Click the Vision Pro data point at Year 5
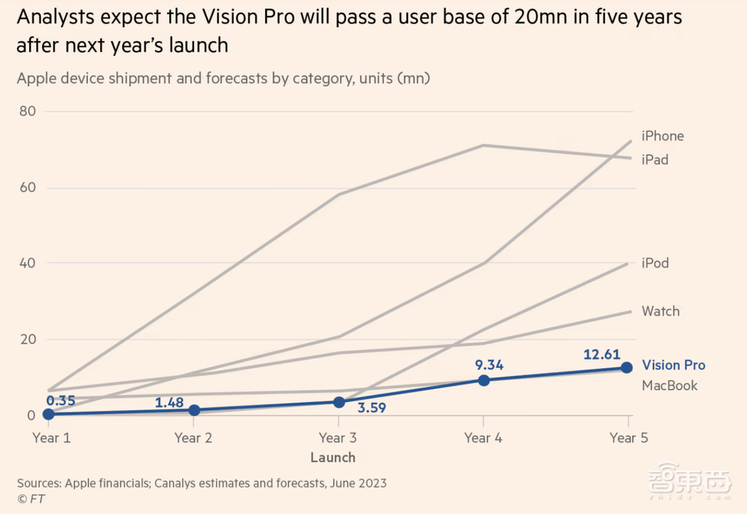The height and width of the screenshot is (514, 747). pos(627,367)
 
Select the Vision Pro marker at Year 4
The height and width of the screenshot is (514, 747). pos(483,380)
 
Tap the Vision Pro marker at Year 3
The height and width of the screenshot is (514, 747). pos(339,402)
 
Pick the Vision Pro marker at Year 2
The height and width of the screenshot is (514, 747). pos(195,410)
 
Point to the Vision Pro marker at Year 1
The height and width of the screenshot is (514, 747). pos(49,414)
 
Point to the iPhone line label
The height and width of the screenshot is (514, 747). pos(663,136)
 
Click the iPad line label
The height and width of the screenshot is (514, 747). pos(655,160)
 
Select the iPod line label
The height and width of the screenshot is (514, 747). pos(655,263)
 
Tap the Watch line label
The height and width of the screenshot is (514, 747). pos(660,311)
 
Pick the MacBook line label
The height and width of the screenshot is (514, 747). pos(669,385)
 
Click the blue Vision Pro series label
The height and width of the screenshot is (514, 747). pos(673,365)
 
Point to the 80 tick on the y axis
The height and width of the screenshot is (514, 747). pos(29,111)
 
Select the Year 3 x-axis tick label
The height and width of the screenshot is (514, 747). pos(338,438)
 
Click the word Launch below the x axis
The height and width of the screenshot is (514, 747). pos(332,457)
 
